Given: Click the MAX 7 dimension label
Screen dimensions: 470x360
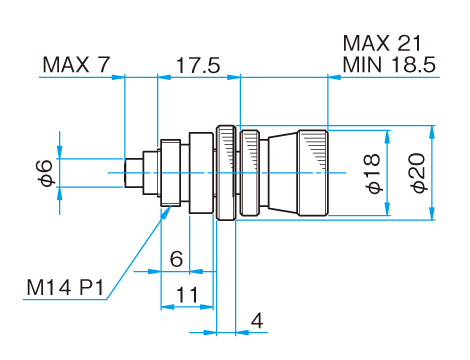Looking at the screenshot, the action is coord(76,64).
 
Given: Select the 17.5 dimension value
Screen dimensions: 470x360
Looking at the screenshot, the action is coord(198,65).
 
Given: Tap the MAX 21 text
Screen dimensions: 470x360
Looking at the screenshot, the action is coord(382,43).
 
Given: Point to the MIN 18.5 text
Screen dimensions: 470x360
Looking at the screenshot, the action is coord(389,64).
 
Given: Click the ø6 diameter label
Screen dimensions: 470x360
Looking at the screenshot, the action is coord(46,173).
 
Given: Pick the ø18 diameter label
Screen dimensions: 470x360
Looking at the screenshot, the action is coord(373,173).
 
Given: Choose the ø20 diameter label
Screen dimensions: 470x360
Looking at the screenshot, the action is coord(418,173).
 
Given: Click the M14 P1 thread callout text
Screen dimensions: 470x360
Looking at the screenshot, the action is coord(65,287).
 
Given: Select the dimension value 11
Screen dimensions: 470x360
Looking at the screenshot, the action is coord(187,295).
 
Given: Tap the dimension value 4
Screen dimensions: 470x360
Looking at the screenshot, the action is coord(257,321).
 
